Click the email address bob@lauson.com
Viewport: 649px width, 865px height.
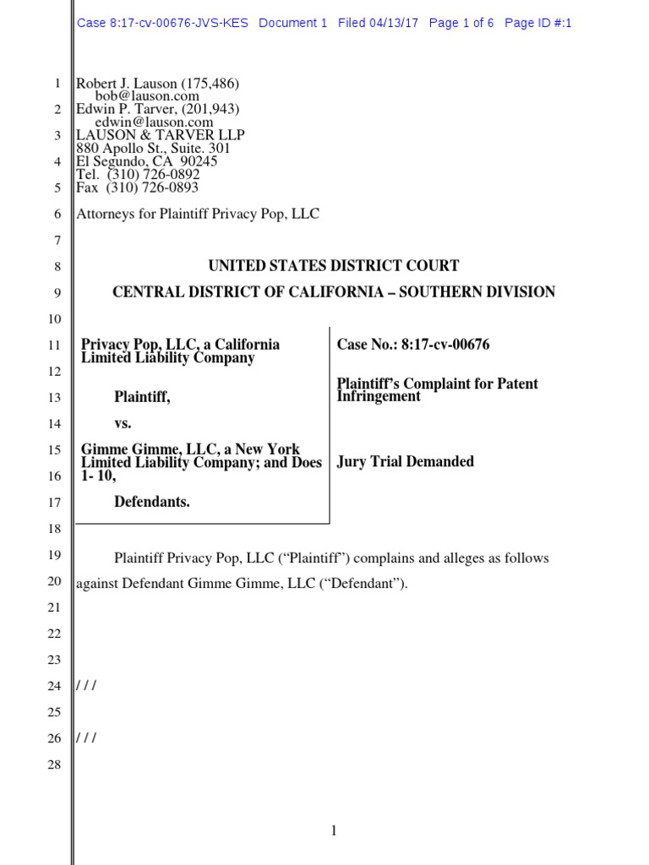point(147,96)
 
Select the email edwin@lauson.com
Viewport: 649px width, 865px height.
point(154,122)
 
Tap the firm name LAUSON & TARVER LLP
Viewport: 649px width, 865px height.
point(161,135)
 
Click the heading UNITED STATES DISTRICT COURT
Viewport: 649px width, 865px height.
point(334,266)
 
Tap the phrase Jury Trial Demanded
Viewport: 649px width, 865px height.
point(405,461)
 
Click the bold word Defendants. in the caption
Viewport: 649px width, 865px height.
point(152,503)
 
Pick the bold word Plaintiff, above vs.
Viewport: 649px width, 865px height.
point(142,397)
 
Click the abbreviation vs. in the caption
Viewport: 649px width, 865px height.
point(123,423)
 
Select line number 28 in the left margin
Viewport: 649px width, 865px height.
point(54,764)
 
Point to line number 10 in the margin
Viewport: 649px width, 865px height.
point(54,319)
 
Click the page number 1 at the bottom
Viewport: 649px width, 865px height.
point(334,832)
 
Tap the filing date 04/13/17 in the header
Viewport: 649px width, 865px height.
point(394,23)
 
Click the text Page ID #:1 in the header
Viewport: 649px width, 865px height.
point(537,23)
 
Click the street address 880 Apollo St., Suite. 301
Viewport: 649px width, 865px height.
point(153,149)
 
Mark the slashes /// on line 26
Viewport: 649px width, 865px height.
point(86,737)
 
